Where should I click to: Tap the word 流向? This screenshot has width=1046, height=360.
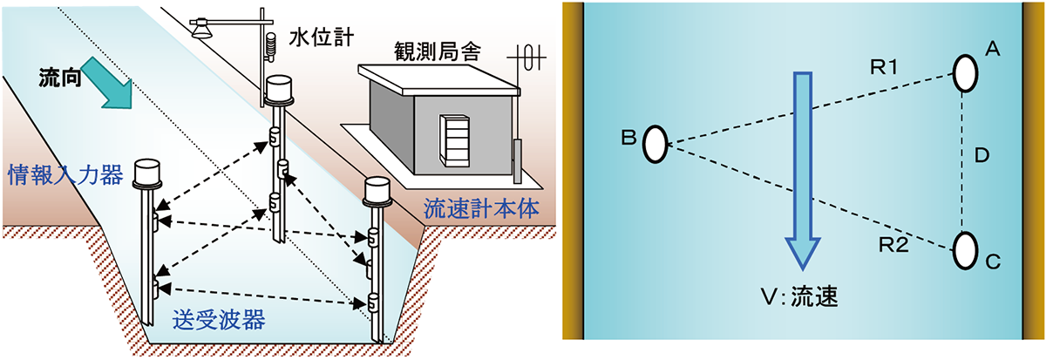tap(63, 79)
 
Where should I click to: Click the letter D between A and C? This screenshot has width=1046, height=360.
tap(981, 157)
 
